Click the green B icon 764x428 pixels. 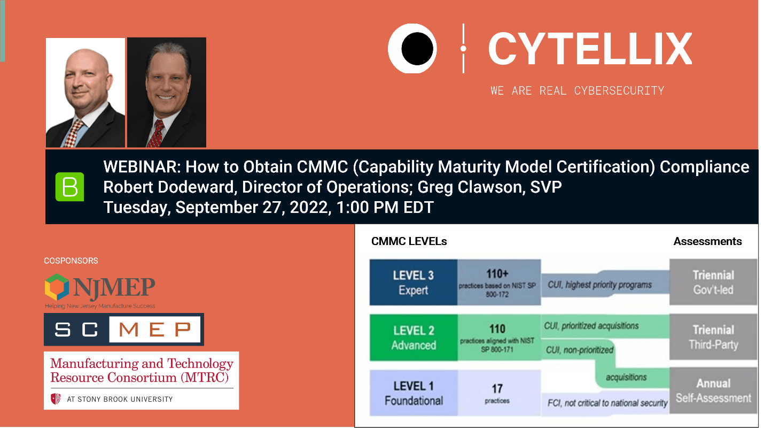[x=69, y=187]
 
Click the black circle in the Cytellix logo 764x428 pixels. [x=417, y=49]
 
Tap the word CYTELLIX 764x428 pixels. [x=590, y=49]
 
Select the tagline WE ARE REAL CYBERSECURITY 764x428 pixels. [x=577, y=90]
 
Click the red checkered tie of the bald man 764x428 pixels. [x=76, y=134]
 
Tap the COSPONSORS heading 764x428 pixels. [x=71, y=261]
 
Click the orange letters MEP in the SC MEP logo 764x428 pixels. [x=154, y=330]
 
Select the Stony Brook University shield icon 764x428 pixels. [x=56, y=399]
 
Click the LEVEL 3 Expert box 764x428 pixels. [x=414, y=282]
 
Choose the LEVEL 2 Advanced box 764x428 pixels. [x=414, y=338]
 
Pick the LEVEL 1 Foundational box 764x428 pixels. [x=414, y=393]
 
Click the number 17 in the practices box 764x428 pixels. [x=497, y=388]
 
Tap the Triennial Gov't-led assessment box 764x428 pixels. [x=713, y=282]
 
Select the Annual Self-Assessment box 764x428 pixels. [x=713, y=391]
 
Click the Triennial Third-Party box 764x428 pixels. [x=713, y=337]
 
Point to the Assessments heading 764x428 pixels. [x=707, y=241]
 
